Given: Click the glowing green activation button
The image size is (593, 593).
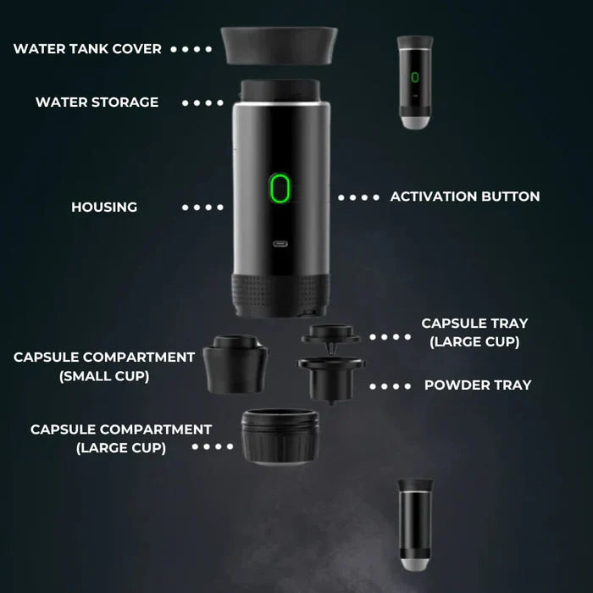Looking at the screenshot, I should point(280,188).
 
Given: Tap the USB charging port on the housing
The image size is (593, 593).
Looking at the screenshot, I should point(280,244).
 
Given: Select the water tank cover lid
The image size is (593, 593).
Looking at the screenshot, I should point(279,47).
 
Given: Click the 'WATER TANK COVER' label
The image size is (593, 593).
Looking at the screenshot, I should point(87,49).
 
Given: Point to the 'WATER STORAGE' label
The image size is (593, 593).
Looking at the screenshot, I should point(97,103).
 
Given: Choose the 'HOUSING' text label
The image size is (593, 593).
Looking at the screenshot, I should point(104,207).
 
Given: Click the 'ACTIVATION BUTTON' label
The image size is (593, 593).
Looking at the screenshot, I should point(464,197).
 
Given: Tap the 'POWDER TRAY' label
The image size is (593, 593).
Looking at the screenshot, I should point(478,385).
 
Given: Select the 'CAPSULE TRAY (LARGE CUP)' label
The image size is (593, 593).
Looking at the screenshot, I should point(474,332).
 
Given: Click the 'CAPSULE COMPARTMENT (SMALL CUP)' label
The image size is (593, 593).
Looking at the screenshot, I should point(104,366).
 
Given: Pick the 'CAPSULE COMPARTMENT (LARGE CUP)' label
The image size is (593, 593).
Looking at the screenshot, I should point(121,438).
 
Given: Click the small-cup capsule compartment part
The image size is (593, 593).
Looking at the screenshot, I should point(237,363).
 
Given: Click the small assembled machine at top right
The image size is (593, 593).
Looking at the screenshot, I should point(415,82).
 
